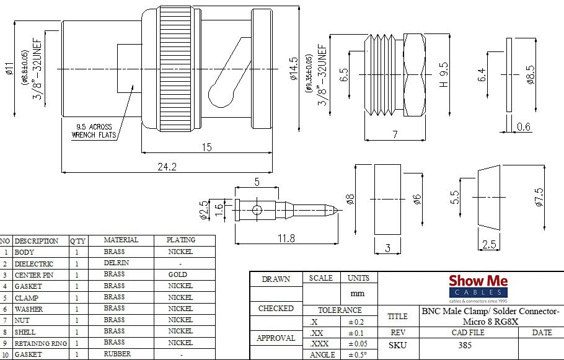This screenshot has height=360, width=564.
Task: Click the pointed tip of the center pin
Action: (338, 210)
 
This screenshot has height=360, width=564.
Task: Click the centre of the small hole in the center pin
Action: (257, 210)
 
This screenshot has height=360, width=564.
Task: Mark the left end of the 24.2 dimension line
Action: (62, 172)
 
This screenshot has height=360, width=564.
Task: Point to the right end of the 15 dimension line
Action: (272, 152)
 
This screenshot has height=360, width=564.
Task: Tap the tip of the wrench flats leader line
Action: (133, 86)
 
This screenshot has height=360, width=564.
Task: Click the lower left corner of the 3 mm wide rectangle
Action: (375, 234)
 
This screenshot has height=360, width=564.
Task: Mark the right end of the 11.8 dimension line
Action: (338, 244)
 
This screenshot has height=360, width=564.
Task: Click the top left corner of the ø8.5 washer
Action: (507, 38)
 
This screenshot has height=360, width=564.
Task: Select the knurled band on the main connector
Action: (175, 68)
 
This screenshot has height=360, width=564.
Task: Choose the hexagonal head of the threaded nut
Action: (414, 75)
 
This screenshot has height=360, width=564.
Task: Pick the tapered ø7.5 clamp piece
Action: (489, 198)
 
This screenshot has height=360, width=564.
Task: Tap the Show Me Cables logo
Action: (478, 289)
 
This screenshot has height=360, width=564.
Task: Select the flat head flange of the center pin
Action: (237, 210)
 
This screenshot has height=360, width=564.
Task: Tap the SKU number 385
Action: (465, 345)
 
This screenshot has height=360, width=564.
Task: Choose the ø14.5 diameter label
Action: (294, 68)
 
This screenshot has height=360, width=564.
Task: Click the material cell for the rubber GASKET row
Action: (117, 354)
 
